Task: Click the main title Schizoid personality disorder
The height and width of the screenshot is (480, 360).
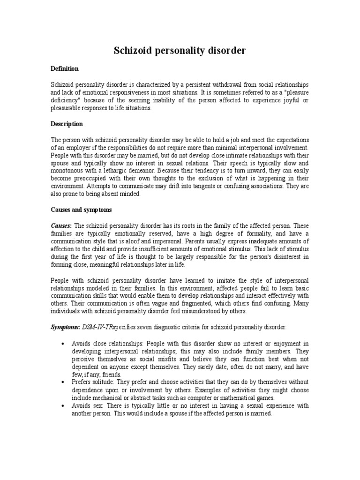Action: coord(180,51)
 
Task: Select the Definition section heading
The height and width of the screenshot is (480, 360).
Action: coord(65,69)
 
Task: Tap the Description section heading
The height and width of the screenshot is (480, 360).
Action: coord(67,124)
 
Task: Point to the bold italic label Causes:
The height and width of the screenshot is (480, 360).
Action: coord(61,226)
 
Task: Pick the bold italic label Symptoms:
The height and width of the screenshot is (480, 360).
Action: coord(65,326)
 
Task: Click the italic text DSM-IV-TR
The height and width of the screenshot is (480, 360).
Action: coord(98,326)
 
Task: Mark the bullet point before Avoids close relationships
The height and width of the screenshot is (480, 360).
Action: coord(63,344)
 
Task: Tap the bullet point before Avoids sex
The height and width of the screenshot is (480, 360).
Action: coord(63,406)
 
